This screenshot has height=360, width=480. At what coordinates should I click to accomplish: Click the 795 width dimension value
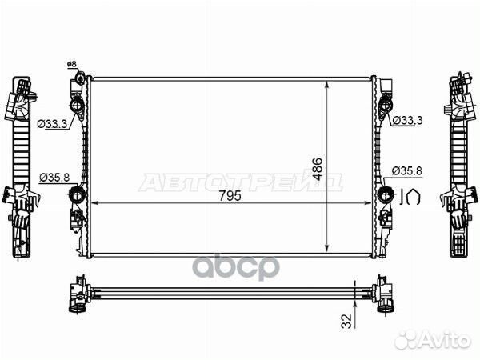point(230,196)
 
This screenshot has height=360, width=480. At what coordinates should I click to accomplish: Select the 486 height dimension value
point(318,169)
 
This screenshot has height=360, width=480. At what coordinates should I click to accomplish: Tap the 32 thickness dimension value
point(347,321)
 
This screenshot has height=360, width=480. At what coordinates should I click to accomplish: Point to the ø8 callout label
point(71,64)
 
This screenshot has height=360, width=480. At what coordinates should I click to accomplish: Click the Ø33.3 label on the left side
point(52,124)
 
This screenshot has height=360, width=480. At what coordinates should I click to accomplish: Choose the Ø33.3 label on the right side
point(407,121)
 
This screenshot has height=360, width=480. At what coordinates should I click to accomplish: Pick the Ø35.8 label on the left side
point(54,178)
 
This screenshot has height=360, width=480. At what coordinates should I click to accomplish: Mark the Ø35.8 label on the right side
point(407,170)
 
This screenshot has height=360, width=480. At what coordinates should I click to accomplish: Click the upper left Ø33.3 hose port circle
point(77,106)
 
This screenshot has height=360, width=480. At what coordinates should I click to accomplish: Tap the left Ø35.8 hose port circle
point(77,194)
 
